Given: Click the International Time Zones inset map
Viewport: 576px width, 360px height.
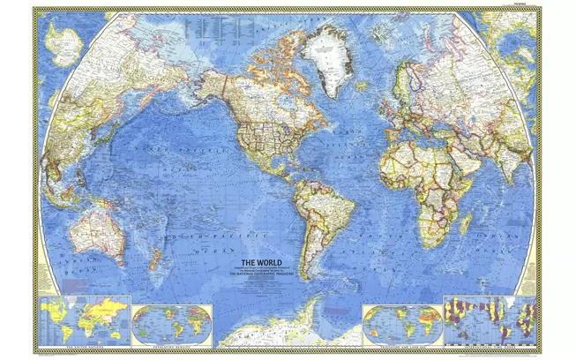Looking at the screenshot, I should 490,321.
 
